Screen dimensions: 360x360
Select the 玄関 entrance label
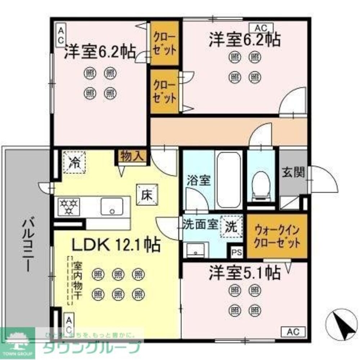click(x=293, y=173)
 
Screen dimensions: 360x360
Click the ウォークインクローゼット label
click(x=276, y=236)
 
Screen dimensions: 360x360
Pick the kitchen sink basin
click(x=112, y=206)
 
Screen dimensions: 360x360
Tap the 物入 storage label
click(x=132, y=156)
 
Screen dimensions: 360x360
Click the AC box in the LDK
click(x=69, y=323)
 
